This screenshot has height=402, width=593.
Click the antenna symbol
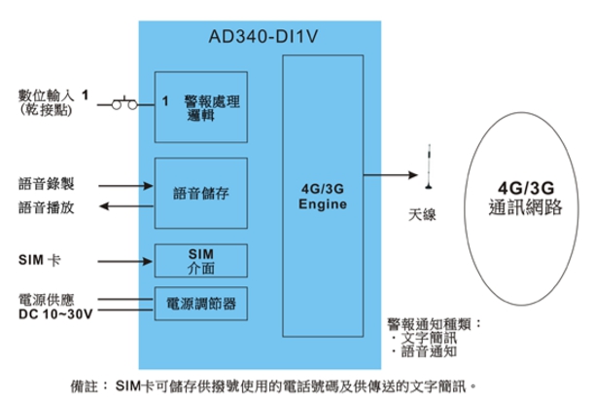(x=427, y=169)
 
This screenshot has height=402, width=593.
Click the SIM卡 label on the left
(x=39, y=261)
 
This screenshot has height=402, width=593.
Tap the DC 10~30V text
(x=53, y=313)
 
